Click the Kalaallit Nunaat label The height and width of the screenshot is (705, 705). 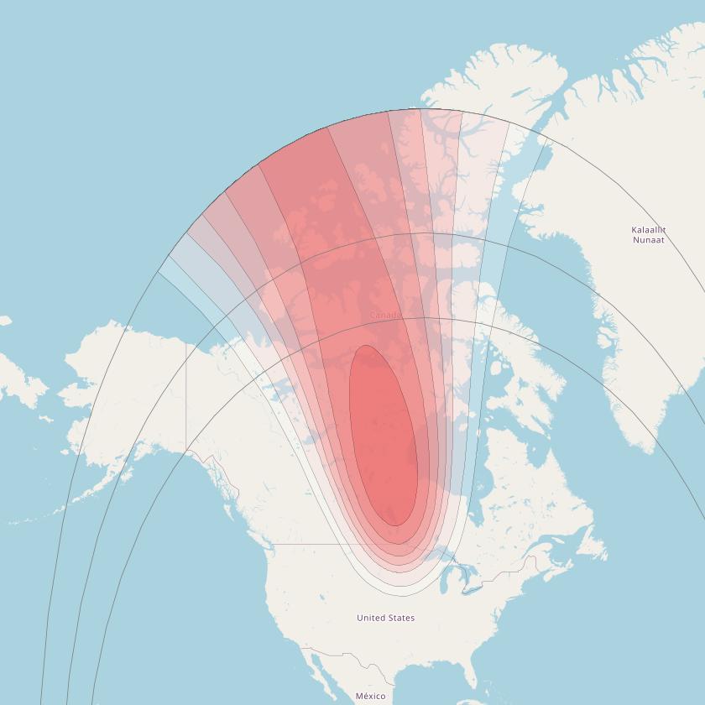(648, 234)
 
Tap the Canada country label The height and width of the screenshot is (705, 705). (385, 316)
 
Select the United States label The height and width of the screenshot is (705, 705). (385, 618)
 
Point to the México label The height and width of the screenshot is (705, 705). (370, 697)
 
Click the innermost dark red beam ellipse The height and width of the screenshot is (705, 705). (384, 436)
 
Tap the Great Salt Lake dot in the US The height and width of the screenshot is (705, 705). (322, 598)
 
